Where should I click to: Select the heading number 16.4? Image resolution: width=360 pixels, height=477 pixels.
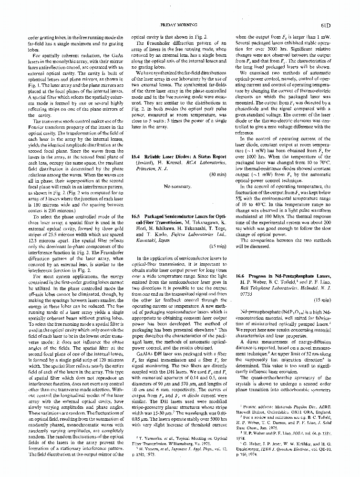point(136,156)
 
